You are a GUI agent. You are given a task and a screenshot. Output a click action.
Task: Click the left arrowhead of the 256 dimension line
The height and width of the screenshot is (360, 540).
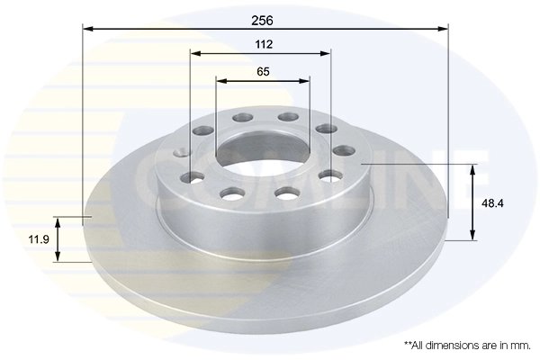[x=87, y=29]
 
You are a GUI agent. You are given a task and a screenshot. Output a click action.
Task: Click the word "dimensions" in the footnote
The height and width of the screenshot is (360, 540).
[x=452, y=345]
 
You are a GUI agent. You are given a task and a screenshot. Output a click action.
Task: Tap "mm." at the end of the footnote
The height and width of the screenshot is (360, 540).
[x=519, y=345]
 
